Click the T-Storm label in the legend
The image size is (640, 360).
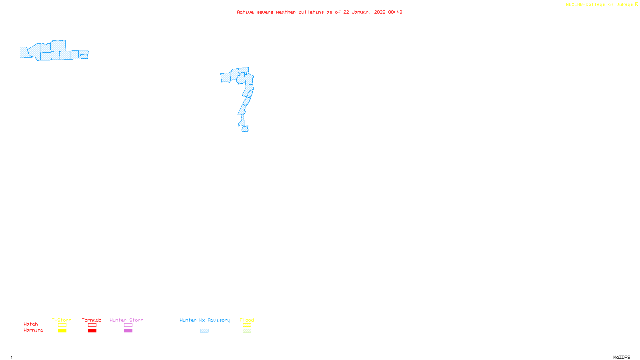pyautogui.click(x=62, y=320)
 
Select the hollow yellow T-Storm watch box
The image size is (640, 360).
pyautogui.click(x=62, y=325)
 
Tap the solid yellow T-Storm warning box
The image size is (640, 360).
pyautogui.click(x=62, y=331)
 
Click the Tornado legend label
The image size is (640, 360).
pyautogui.click(x=92, y=320)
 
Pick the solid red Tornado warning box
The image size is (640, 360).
pyautogui.click(x=92, y=331)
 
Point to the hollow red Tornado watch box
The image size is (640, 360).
pyautogui.click(x=92, y=325)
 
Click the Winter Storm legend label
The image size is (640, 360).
pyautogui.click(x=126, y=320)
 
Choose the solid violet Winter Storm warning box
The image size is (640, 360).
pyautogui.click(x=128, y=331)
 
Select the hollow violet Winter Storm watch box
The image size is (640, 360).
pyautogui.click(x=128, y=325)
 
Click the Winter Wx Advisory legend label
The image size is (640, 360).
pyautogui.click(x=205, y=320)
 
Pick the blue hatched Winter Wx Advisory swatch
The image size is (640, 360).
pyautogui.click(x=204, y=331)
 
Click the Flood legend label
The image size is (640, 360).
pyautogui.click(x=247, y=320)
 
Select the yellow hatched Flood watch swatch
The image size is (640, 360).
pyautogui.click(x=247, y=325)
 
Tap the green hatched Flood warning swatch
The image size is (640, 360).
pyautogui.click(x=247, y=331)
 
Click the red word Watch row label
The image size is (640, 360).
pyautogui.click(x=31, y=324)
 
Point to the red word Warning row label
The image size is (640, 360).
pyautogui.click(x=34, y=330)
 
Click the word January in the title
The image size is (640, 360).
pyautogui.click(x=362, y=12)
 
